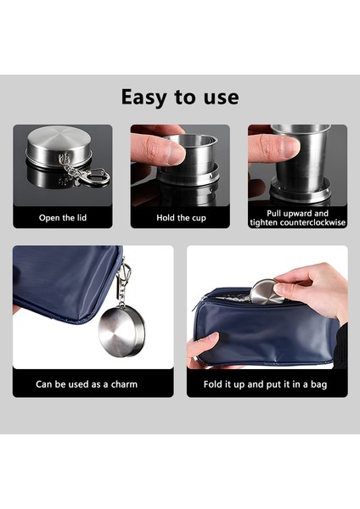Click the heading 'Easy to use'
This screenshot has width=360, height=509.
(179, 97)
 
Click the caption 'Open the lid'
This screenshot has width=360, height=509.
(62, 218)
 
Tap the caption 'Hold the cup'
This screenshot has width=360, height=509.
(179, 218)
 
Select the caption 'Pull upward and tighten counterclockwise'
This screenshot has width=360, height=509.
(297, 217)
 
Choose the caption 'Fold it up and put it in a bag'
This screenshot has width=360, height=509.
(267, 384)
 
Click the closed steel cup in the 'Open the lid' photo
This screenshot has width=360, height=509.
(57, 148)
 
